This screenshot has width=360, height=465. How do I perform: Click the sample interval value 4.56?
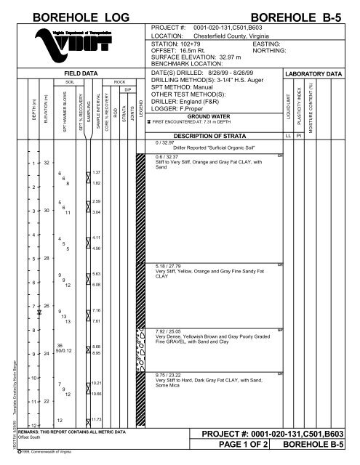[97, 248]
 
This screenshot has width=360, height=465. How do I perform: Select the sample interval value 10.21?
[97, 382]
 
